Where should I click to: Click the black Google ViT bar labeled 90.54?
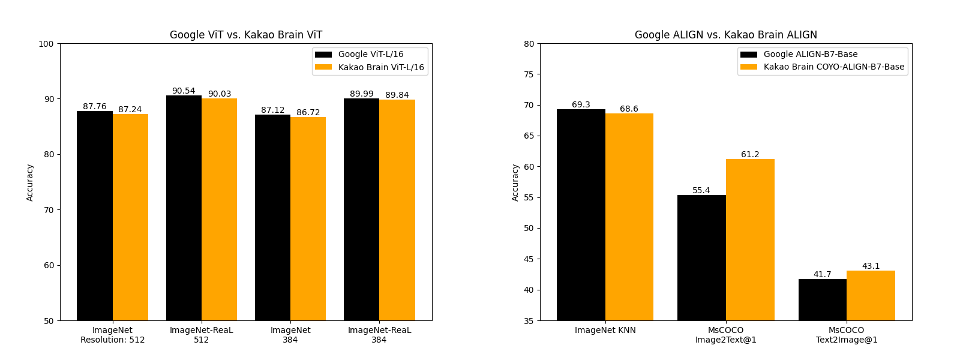(184, 208)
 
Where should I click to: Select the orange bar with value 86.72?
(308, 218)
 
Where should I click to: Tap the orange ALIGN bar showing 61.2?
(750, 239)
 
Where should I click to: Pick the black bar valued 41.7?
(822, 299)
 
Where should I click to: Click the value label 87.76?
(95, 107)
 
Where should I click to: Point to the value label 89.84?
(397, 95)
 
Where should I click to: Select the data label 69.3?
(581, 105)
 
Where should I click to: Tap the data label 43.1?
(871, 266)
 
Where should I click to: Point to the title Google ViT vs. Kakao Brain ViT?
(246, 35)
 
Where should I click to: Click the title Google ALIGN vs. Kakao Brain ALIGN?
(726, 35)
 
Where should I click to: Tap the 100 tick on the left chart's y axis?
(47, 44)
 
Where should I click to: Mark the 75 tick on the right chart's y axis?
(529, 74)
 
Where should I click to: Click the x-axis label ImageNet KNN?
(605, 331)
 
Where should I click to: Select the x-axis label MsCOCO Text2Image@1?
(847, 335)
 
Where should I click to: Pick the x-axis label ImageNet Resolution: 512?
(113, 335)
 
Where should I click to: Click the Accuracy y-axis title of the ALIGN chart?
(515, 182)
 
